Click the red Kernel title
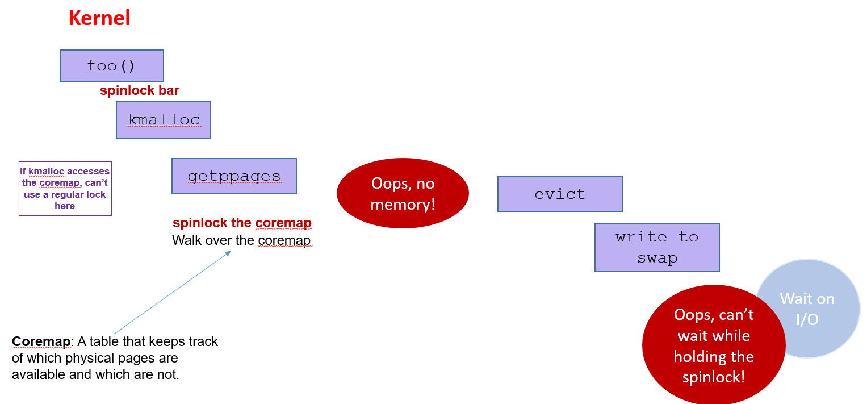[x=99, y=18]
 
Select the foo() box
[x=112, y=65]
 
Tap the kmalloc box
[x=164, y=120]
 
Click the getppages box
[x=234, y=176]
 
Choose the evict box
[x=560, y=194]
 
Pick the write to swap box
[x=657, y=247]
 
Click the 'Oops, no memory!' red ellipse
[x=403, y=193]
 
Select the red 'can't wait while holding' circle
[x=714, y=345]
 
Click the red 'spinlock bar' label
[x=139, y=90]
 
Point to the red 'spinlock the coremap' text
[x=242, y=223]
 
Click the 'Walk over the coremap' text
[x=241, y=240]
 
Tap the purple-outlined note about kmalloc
[x=65, y=189]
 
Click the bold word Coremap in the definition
[x=41, y=341]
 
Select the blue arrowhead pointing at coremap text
[x=228, y=253]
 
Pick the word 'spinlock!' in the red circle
[x=714, y=377]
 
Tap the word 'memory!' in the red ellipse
[x=403, y=204]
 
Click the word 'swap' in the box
[x=657, y=259]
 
